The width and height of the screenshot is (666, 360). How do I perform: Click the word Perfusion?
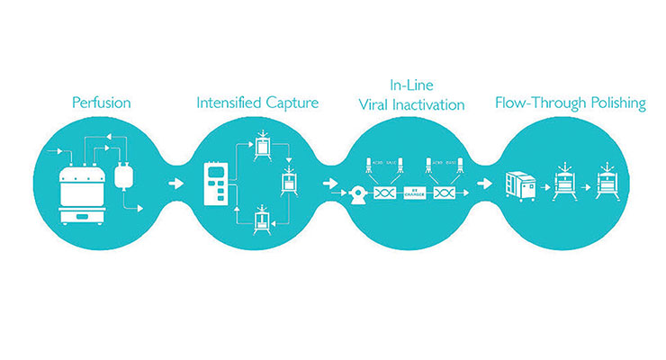point(102,103)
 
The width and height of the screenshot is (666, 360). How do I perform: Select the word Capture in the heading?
point(288,103)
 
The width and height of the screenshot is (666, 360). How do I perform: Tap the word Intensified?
point(225,103)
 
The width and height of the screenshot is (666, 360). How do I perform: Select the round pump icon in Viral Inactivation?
point(358,192)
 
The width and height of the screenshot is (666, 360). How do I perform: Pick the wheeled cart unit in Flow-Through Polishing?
point(524,186)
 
